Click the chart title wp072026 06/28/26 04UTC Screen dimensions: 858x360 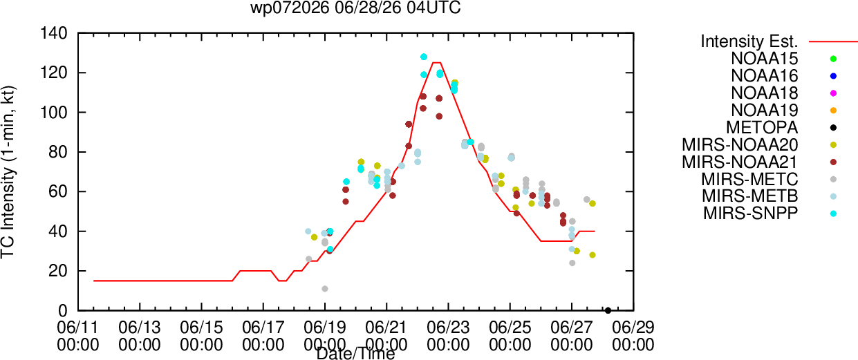(x=355, y=8)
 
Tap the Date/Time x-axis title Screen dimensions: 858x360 (x=355, y=354)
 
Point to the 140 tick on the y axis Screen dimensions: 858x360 (x=54, y=34)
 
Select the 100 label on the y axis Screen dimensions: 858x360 (x=54, y=113)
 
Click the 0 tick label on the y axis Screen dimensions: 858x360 (x=63, y=311)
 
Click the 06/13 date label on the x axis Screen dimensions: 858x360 (x=140, y=328)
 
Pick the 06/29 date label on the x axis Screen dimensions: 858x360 (x=633, y=328)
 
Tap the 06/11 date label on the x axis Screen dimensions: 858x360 (x=78, y=328)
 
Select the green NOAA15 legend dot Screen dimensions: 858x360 (x=833, y=59)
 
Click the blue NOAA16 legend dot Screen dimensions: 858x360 (x=833, y=76)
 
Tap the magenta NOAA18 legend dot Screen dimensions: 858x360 (x=833, y=93)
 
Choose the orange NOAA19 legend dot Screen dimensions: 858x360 (x=833, y=111)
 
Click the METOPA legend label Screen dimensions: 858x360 (x=762, y=128)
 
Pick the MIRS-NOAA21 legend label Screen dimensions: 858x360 (x=740, y=162)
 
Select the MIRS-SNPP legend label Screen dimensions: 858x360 (x=751, y=213)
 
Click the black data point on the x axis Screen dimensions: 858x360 (x=608, y=311)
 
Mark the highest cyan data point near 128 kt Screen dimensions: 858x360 (x=424, y=57)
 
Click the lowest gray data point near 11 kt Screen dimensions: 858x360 (x=325, y=289)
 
